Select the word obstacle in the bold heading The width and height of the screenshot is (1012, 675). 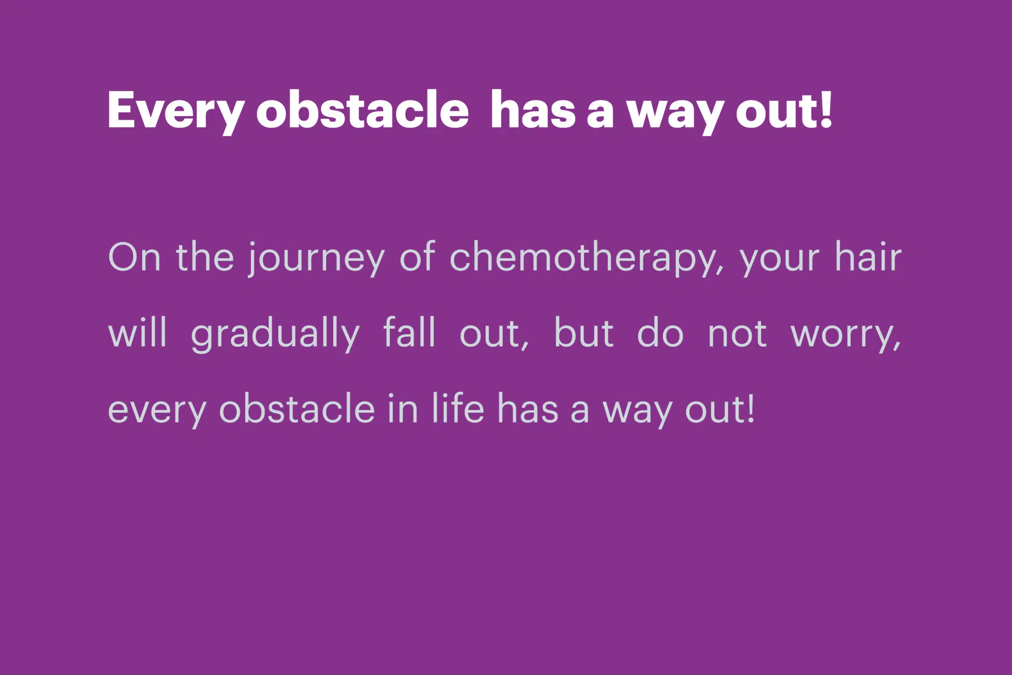[x=362, y=110]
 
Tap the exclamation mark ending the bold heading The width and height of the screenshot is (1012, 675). [x=826, y=110]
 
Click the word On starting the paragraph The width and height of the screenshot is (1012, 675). [x=134, y=257]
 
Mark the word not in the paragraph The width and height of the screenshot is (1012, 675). [x=737, y=334]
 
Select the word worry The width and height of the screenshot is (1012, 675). [x=845, y=337]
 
